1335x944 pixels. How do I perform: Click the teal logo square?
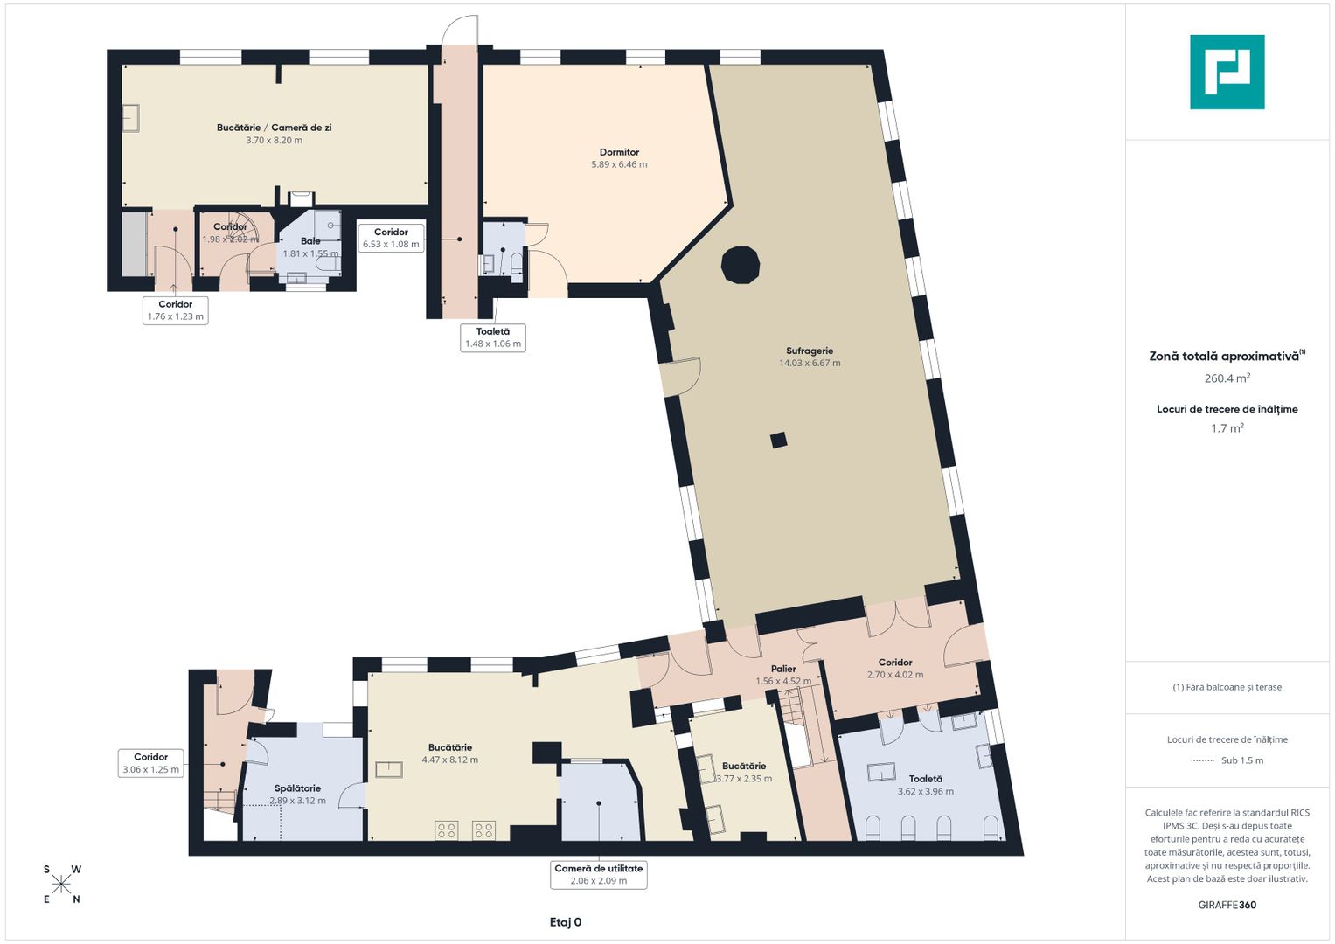[x=1227, y=72]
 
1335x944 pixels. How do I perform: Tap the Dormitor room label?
[x=619, y=153]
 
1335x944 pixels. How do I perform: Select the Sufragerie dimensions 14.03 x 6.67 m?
[x=810, y=363]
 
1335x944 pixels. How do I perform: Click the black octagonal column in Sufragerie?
[x=741, y=265]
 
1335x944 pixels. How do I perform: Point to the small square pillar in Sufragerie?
[x=778, y=441]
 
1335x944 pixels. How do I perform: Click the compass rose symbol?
[x=61, y=885]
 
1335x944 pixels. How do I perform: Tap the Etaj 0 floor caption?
[x=566, y=922]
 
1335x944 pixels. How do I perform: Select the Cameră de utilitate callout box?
[x=598, y=875]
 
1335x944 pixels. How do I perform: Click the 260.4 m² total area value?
[x=1227, y=378]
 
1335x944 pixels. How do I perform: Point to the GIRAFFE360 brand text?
[x=1227, y=905]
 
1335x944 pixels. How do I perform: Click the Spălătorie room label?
[x=297, y=788]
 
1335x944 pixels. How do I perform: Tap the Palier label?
[x=783, y=669]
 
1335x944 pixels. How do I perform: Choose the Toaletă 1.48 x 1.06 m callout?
[x=493, y=338]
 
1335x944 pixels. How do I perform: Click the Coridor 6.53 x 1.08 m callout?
[x=391, y=238]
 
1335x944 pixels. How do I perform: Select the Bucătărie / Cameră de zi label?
[x=275, y=128]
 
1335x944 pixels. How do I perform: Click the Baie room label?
[x=310, y=240]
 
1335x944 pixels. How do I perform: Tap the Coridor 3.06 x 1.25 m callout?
[x=150, y=763]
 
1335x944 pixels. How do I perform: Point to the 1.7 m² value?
[x=1227, y=428]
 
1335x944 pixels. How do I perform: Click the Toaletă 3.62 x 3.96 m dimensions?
[x=926, y=791]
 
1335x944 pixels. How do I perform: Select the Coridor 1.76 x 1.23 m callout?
[x=175, y=310]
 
